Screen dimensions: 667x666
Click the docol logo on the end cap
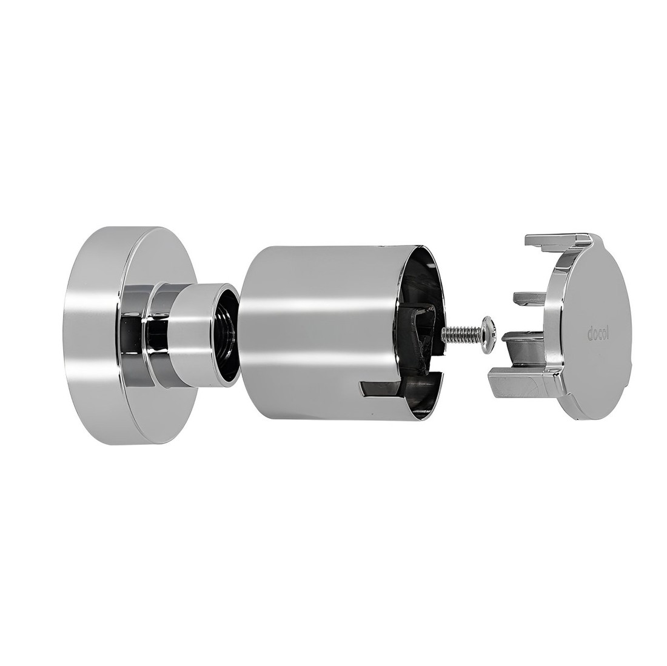(x=598, y=334)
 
